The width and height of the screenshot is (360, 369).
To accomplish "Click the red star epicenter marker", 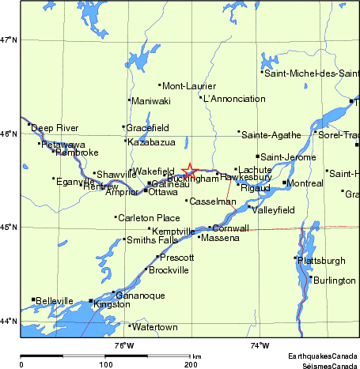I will point(190,170).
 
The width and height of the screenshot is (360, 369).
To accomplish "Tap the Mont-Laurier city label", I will point(189,85).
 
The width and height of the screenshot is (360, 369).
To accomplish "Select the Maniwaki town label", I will point(151,101).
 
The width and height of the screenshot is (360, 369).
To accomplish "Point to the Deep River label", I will point(55,128).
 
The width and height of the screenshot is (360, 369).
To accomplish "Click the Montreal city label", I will point(306,183).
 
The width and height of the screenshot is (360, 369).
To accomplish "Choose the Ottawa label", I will point(163,192).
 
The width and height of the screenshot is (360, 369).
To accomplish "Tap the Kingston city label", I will point(112,304).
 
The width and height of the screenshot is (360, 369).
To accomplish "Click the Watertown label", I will point(152,326).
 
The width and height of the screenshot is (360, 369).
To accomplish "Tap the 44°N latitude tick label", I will point(9,321).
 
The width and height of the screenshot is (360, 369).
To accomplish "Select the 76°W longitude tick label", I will point(123,345).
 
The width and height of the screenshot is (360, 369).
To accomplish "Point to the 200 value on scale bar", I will point(191,364).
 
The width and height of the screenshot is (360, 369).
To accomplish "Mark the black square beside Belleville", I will point(33,299).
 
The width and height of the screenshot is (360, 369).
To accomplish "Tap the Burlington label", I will point(334,281).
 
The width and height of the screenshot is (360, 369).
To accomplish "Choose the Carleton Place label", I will point(149,217).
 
